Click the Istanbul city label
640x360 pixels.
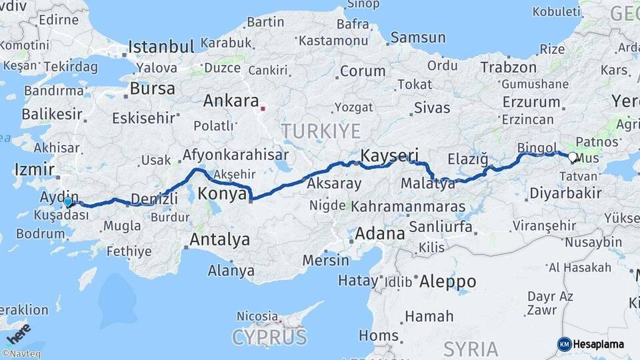point(161,47)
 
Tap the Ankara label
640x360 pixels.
point(231,101)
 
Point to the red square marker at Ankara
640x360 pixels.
point(263,107)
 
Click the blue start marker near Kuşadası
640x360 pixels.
point(68,201)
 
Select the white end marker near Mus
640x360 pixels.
point(572,157)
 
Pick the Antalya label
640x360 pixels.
point(219,239)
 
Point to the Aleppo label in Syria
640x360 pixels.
point(448,281)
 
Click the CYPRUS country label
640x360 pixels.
point(269,337)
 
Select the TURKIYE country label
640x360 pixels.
point(321,131)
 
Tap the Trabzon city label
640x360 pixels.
point(508,67)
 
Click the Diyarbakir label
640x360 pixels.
point(565,194)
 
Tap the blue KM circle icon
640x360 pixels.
point(565,344)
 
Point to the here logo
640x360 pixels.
point(18,333)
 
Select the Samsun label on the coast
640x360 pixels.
point(418,37)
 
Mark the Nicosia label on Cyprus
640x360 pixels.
point(257,315)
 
